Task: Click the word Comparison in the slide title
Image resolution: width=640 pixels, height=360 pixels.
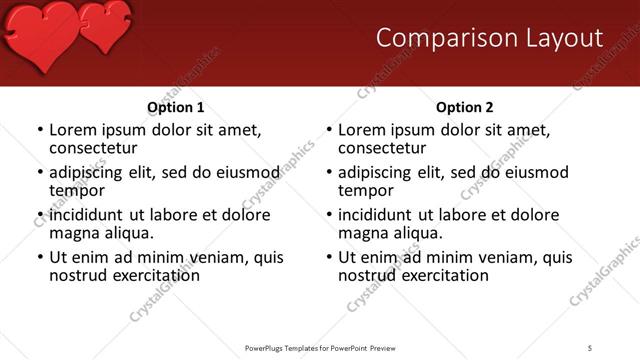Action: [439, 38]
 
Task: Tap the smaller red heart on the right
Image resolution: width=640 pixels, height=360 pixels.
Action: [104, 25]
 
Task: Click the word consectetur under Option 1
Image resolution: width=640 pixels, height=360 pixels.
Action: [99, 148]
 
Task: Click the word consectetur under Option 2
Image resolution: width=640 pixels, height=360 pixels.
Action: [388, 148]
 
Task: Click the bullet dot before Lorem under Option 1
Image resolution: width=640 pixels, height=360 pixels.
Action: [39, 131]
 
